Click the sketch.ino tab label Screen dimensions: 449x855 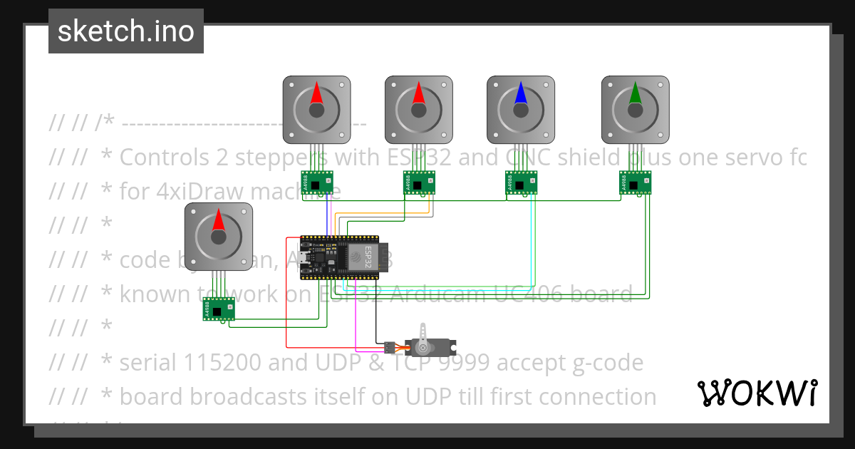click(126, 31)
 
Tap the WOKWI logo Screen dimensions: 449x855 click(757, 393)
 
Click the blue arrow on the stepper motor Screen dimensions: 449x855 click(521, 93)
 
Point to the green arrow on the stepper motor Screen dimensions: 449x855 click(635, 93)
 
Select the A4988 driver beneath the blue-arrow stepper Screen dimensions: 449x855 click(520, 183)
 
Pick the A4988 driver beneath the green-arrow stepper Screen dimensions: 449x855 click(636, 183)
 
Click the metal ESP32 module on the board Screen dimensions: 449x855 click(361, 256)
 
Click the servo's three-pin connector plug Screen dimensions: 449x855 click(388, 348)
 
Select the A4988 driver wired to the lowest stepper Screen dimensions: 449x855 click(218, 309)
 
